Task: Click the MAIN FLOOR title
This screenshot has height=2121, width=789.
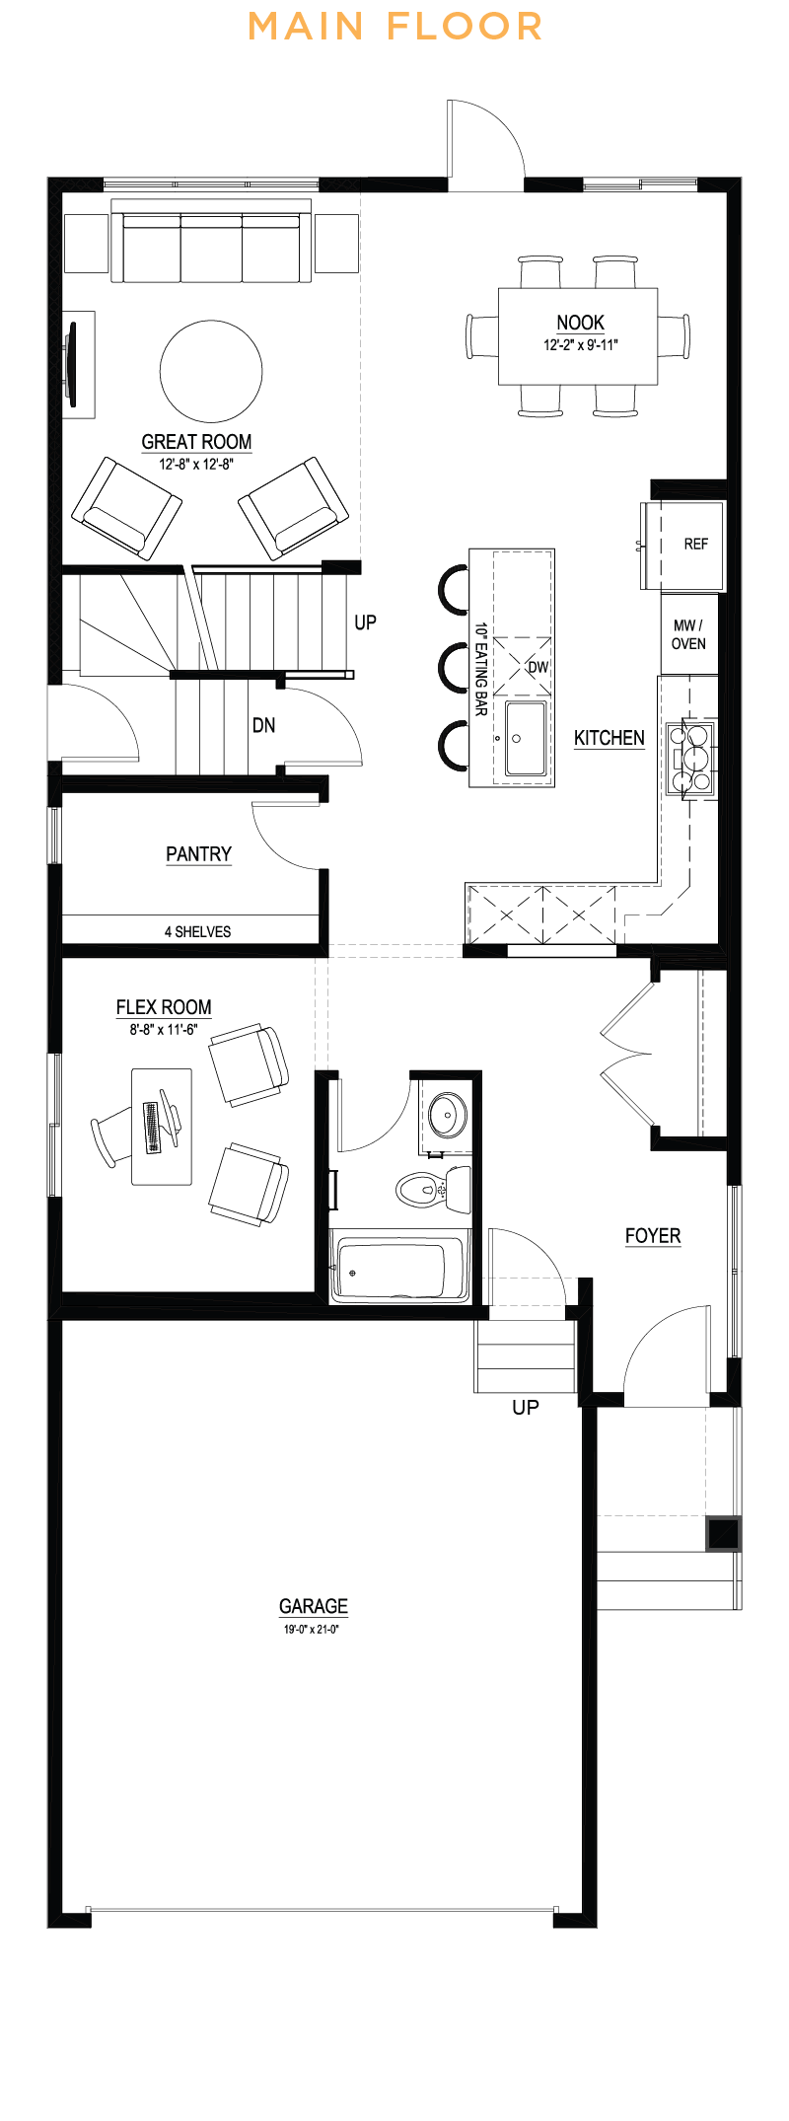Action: click(394, 27)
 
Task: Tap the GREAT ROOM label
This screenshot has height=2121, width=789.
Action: click(196, 442)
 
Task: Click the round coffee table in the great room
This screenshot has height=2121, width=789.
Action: click(211, 371)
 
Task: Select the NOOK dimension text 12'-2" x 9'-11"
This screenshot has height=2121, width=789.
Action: click(580, 345)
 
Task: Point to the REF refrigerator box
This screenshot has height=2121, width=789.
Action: click(694, 545)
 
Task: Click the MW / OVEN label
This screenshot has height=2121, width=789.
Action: click(688, 634)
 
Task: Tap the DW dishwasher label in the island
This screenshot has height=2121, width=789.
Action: click(538, 667)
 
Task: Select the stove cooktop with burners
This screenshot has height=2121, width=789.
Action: click(690, 758)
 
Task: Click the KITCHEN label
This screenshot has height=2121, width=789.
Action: click(609, 738)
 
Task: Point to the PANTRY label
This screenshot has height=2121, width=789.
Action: click(198, 854)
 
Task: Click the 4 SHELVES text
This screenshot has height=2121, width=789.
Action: click(197, 931)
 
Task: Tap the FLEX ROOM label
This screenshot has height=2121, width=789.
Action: click(164, 1007)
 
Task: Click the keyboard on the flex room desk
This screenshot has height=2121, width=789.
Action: click(152, 1128)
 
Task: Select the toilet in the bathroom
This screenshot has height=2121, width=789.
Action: click(429, 1189)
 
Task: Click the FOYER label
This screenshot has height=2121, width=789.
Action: click(652, 1236)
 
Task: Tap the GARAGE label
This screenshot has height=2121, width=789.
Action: click(313, 1606)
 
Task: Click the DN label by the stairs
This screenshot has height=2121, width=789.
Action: click(263, 725)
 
